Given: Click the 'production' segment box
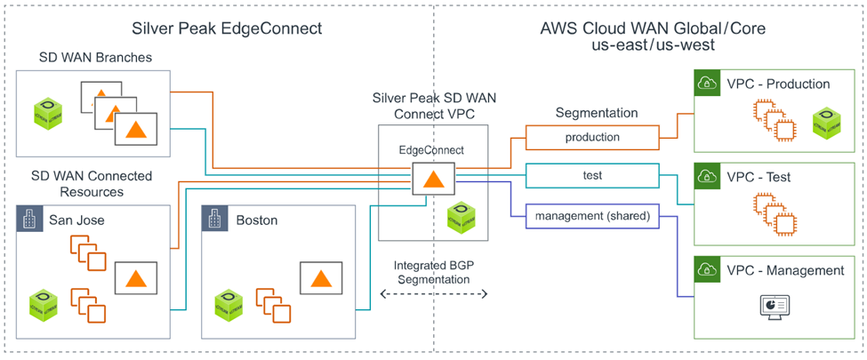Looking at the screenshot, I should click(x=591, y=138).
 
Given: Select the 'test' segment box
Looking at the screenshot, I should click(x=591, y=176).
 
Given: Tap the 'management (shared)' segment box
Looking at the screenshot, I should click(x=591, y=214).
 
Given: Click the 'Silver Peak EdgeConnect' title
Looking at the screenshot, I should click(x=227, y=28).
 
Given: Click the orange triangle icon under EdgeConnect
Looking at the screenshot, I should click(x=432, y=179).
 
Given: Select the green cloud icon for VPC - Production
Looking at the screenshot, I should click(x=708, y=84).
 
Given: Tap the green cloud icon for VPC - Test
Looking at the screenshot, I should click(x=708, y=176).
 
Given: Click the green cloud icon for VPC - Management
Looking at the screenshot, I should click(x=708, y=270).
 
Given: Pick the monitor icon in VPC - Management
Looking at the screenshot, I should click(x=770, y=305).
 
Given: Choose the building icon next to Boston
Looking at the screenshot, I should click(x=214, y=219).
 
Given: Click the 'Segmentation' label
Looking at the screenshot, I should click(x=597, y=113).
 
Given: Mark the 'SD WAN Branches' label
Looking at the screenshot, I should click(x=95, y=58).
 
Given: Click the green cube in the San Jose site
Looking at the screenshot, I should click(x=43, y=305).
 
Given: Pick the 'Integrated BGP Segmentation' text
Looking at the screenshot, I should click(x=433, y=272).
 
